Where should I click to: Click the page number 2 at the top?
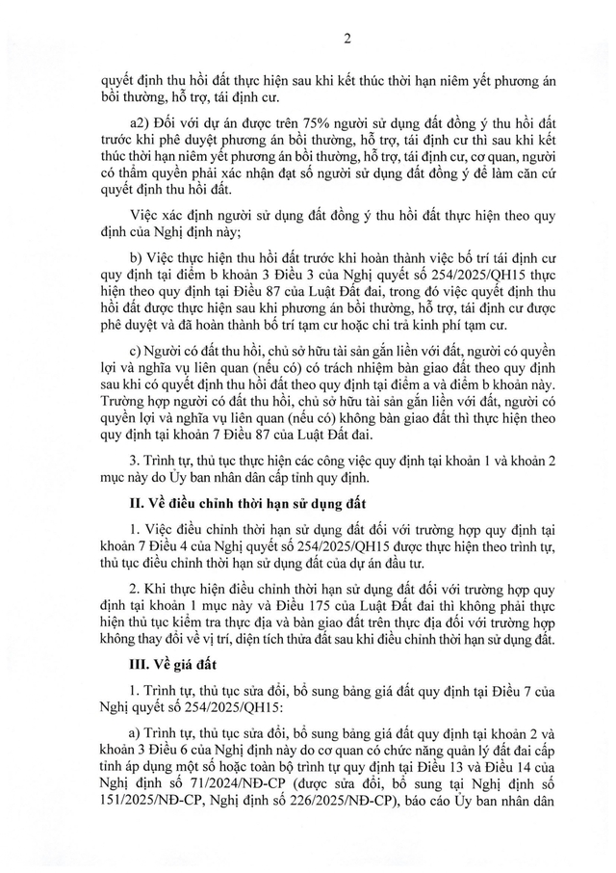pyautogui.click(x=307, y=39)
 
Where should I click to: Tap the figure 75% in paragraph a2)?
pyautogui.click(x=306, y=126)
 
